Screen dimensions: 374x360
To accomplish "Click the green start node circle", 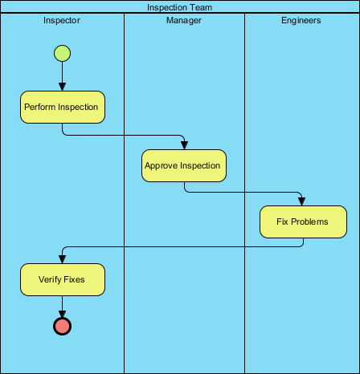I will [62, 54].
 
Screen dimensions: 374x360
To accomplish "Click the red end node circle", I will [62, 325].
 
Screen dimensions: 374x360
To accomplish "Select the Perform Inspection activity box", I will [63, 107].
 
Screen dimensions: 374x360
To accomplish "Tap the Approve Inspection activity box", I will [184, 165].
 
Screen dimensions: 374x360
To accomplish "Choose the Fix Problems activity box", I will [302, 222].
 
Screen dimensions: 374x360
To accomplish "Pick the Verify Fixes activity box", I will [63, 280].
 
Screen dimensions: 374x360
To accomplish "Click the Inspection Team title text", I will [180, 7].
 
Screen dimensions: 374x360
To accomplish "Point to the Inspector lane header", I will [62, 20].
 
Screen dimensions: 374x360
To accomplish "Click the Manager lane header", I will [184, 20].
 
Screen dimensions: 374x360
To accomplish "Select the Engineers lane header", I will [302, 20].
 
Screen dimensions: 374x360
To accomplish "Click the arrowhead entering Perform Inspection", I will [62, 87].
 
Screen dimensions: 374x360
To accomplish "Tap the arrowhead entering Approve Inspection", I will [184, 145].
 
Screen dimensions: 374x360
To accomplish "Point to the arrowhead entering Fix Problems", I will [302, 201].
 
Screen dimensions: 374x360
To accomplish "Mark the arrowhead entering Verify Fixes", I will [62, 259].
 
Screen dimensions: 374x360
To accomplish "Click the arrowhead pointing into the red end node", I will [62, 312].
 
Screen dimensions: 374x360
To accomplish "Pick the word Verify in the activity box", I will [50, 280].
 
